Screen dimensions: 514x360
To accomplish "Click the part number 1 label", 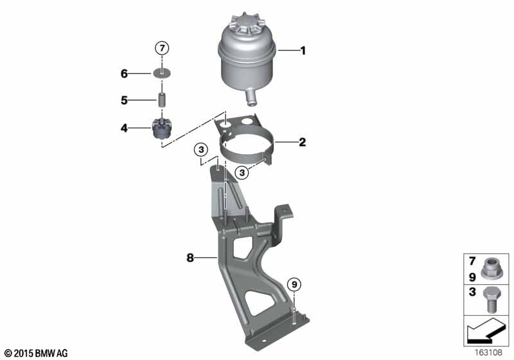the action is (x=303, y=51).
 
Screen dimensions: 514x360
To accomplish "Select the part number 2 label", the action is (x=302, y=142).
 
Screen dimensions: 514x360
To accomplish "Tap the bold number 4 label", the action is (x=124, y=128).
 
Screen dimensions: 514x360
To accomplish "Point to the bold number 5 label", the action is (x=124, y=100).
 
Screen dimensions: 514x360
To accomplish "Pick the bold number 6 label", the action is (x=124, y=73).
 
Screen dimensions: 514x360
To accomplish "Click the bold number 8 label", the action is (x=190, y=258).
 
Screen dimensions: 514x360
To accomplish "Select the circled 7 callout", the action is (x=162, y=48).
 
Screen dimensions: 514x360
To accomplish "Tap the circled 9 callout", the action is (x=294, y=284).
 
